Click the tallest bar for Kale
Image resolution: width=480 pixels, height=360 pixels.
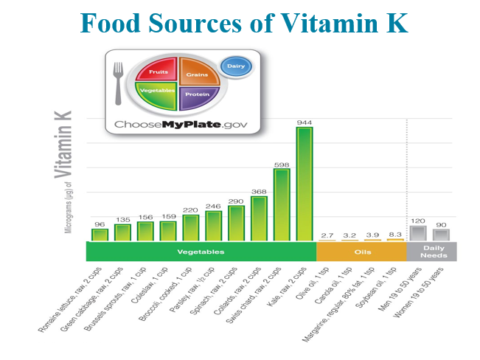[x=305, y=184]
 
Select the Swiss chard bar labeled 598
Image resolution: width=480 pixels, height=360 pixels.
[x=282, y=205]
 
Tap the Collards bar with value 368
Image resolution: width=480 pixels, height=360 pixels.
[x=259, y=218]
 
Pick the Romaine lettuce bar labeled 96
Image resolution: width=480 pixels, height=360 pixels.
[x=100, y=235]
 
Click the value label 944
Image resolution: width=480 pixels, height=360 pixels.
[x=305, y=122]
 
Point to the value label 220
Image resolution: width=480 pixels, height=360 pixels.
[x=191, y=210]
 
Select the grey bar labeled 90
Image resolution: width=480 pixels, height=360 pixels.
[x=441, y=235]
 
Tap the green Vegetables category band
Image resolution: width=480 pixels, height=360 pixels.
[x=201, y=252]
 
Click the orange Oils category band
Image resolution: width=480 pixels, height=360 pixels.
[x=361, y=252]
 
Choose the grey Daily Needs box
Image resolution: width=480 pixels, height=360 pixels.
[x=432, y=252]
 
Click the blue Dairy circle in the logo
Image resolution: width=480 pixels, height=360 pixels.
[x=236, y=66]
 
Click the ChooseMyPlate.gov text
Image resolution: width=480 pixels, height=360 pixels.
[x=181, y=124]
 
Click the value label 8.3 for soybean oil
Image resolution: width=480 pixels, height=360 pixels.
[x=395, y=233]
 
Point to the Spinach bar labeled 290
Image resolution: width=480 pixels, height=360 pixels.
[x=237, y=223]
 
